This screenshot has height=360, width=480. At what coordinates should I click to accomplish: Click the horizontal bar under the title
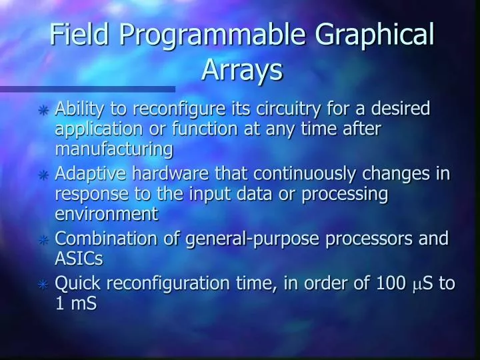87,89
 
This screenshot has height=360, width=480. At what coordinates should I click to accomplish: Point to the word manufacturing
113,149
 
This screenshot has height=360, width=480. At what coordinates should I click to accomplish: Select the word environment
106,214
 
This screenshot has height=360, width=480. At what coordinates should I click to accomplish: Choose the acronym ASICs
78,259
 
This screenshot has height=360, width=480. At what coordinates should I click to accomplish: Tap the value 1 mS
75,303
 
